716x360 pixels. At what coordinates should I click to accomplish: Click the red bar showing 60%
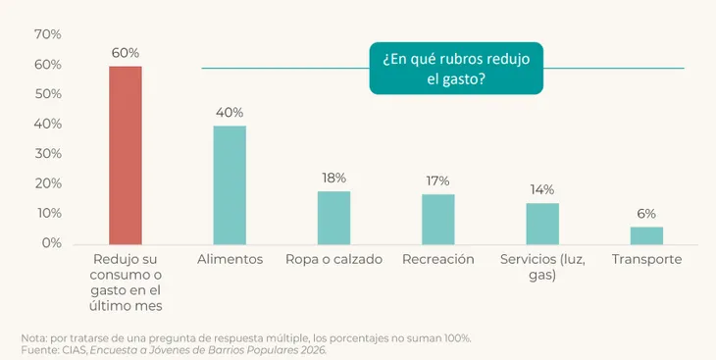click(126, 155)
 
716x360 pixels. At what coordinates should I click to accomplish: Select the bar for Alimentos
click(230, 185)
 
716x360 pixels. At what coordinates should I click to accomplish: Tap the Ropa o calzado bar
click(333, 218)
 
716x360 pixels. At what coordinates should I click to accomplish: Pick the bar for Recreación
click(437, 220)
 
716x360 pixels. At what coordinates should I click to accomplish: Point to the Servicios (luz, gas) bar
click(542, 224)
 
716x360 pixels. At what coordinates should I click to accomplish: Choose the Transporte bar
click(646, 235)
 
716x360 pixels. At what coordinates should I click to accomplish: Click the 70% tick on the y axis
click(47, 34)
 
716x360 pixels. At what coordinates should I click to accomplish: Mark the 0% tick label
click(52, 243)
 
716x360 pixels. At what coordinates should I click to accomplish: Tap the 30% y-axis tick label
click(47, 153)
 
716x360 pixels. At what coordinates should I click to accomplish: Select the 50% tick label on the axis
click(47, 94)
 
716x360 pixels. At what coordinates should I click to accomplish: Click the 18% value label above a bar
click(333, 179)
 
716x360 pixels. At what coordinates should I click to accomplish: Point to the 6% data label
click(646, 214)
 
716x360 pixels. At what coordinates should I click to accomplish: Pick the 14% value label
click(542, 189)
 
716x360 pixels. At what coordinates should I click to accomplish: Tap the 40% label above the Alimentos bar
click(230, 113)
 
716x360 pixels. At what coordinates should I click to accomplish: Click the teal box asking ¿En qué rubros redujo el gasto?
click(456, 69)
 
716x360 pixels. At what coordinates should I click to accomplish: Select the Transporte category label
click(646, 260)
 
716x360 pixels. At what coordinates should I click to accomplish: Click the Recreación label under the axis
click(437, 260)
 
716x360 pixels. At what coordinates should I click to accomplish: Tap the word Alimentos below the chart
click(230, 260)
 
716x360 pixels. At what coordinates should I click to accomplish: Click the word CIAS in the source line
click(78, 350)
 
